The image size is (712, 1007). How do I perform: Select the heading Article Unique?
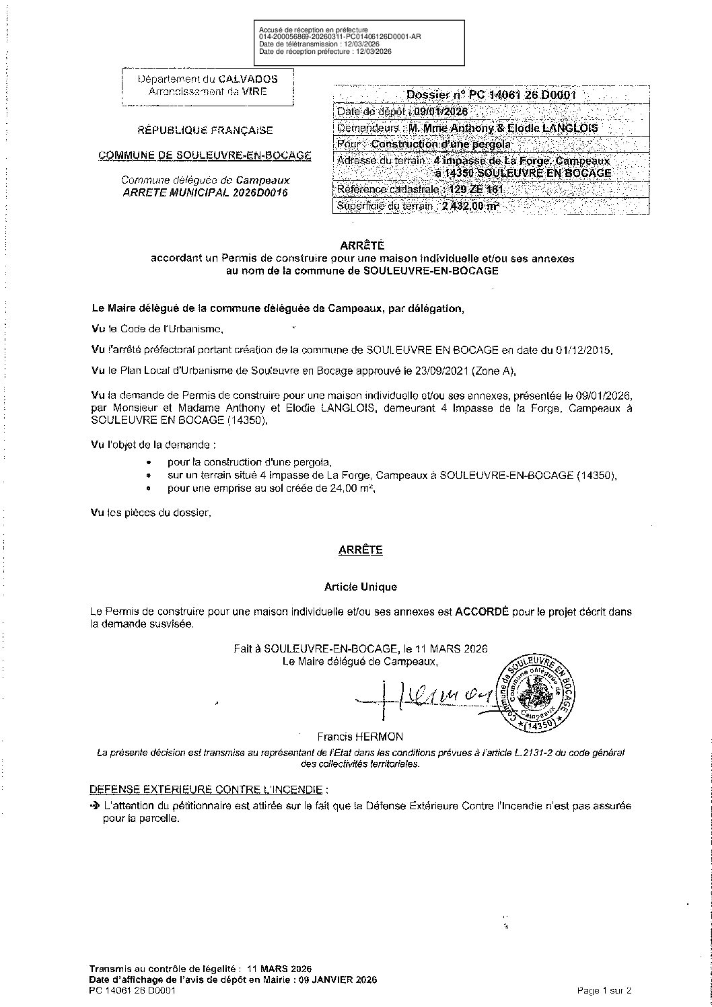tap(360, 587)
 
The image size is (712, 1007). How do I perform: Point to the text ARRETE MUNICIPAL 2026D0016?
tap(205, 192)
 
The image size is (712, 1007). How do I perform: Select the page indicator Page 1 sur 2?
tap(604, 990)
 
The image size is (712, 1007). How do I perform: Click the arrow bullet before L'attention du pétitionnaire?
tap(94, 806)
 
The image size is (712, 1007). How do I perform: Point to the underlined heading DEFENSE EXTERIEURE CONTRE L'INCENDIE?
tap(209, 789)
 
